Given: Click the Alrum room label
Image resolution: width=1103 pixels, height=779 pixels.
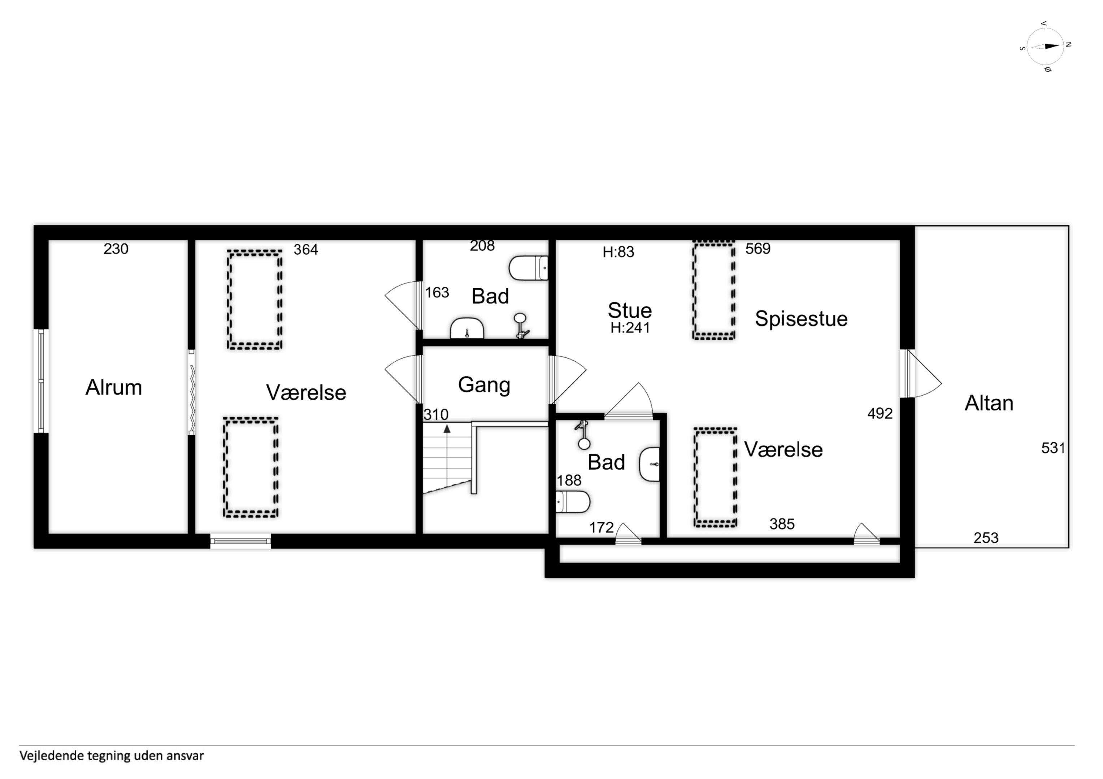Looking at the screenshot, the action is point(114,387).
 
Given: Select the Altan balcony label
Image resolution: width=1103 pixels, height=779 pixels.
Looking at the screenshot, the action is point(989,403).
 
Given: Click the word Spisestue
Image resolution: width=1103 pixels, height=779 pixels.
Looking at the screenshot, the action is point(801,319).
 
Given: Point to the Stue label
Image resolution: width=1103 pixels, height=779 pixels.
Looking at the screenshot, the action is point(630,310).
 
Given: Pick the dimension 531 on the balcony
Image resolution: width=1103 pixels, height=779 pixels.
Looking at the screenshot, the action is point(1053,448).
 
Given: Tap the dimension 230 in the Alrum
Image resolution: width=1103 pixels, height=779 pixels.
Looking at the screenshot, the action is point(116,249).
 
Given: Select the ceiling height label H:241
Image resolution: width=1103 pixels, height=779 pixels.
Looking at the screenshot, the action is point(630,328).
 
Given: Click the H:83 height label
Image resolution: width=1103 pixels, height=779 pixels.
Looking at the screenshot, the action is point(618,252).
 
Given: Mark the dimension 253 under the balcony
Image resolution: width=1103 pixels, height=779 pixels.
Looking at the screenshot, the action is point(986,538).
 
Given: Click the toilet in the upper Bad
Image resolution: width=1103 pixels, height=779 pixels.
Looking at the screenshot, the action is point(529,268).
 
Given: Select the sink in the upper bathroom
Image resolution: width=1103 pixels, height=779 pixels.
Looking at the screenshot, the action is point(467,328).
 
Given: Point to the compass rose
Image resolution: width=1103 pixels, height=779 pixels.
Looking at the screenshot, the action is point(1045,47).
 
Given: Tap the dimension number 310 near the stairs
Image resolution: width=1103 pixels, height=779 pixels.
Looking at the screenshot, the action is point(436,415).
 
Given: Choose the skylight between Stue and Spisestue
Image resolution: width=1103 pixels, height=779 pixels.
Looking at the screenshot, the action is point(714,291).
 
